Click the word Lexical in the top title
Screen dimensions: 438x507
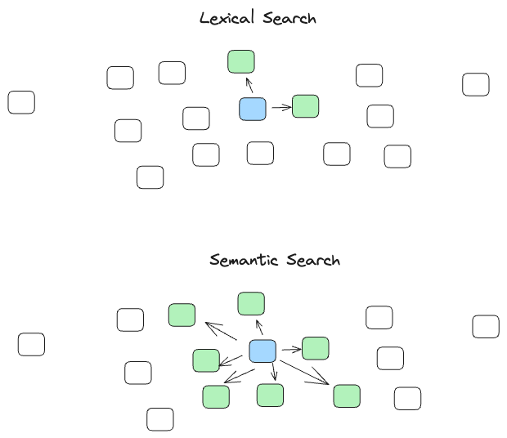point(227,18)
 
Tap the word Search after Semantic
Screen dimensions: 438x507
point(314,261)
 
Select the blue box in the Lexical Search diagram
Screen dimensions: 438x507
point(253,109)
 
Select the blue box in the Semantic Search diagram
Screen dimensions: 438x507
point(262,351)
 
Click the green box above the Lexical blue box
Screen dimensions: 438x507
point(241,61)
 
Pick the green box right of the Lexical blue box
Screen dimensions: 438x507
point(305,106)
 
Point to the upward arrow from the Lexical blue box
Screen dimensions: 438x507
point(249,85)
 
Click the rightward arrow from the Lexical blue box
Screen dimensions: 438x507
point(280,107)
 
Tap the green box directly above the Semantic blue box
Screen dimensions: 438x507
point(251,304)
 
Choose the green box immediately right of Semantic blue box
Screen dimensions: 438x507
point(315,348)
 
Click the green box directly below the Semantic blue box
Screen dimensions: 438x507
point(270,396)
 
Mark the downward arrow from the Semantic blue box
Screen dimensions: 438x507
point(274,373)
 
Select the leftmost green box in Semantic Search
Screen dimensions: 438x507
point(182,315)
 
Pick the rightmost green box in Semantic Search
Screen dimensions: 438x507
point(347,396)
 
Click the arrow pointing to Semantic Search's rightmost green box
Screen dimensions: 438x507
point(307,373)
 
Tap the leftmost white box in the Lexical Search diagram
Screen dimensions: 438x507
point(21,102)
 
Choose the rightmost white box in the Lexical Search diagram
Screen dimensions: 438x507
point(476,84)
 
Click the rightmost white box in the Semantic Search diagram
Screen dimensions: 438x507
point(486,326)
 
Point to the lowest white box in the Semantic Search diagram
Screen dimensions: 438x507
point(160,419)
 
